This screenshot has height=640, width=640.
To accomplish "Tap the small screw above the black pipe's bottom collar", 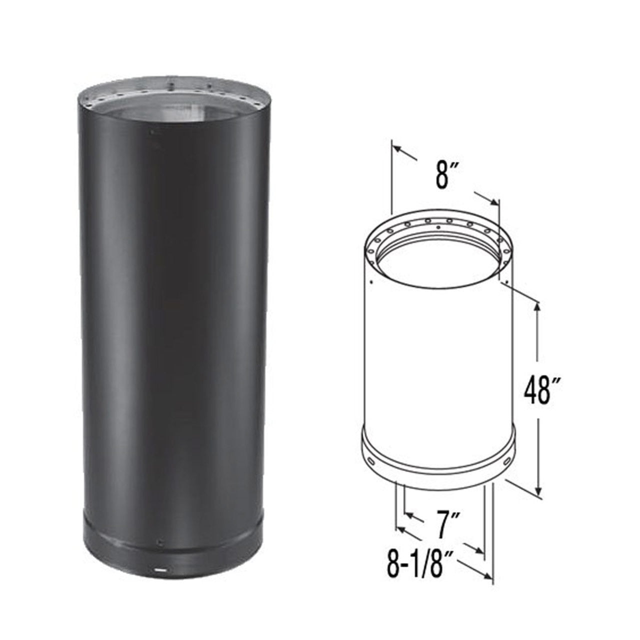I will point(159,543).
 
